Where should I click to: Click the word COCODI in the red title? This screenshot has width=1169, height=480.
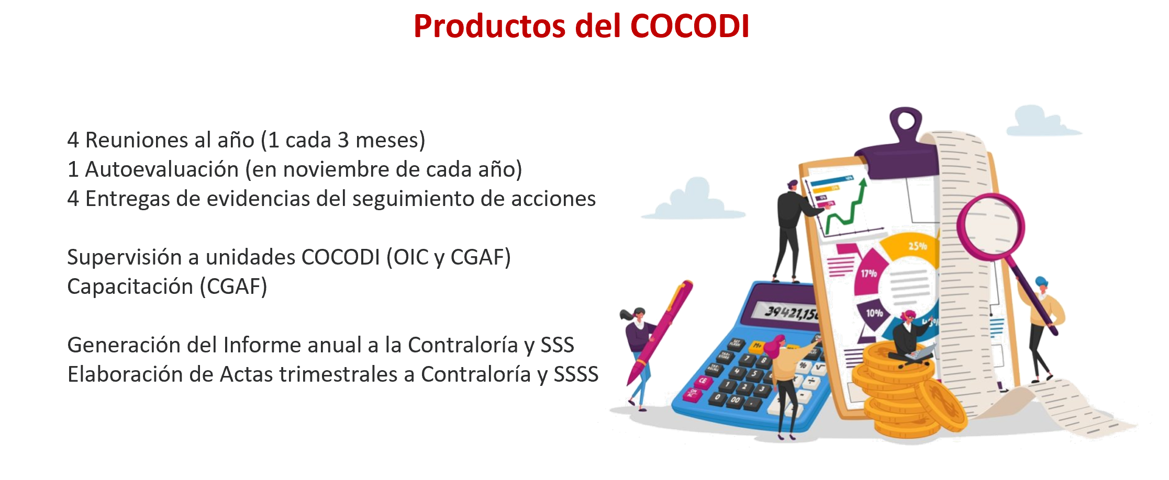tap(690, 26)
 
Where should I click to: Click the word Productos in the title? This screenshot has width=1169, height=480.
tap(489, 26)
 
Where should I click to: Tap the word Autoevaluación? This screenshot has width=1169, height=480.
tap(162, 169)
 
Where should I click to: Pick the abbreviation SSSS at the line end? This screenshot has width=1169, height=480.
tap(576, 374)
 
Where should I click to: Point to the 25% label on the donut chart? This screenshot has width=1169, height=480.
tap(917, 246)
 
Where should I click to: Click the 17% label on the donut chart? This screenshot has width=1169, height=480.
tap(869, 273)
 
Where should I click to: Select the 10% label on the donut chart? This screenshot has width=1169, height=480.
tap(874, 313)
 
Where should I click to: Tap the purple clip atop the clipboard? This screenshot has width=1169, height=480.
tap(898, 141)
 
